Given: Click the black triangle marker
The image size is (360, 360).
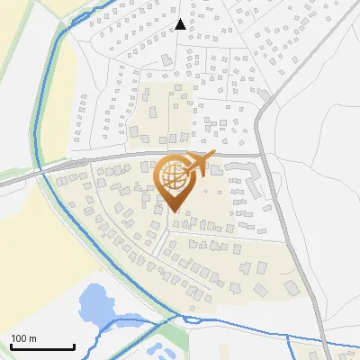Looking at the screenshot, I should [x=181, y=24].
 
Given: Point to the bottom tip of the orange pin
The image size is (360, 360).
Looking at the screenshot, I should [x=174, y=212].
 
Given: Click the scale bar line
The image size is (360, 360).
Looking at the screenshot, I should [x=42, y=347].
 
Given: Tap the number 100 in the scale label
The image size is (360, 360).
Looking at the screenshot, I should [x=20, y=338].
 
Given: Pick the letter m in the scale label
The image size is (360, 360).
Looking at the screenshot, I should [x=32, y=338].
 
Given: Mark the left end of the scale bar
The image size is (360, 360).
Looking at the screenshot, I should [x=11, y=347].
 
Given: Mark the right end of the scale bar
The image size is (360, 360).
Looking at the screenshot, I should [x=74, y=347].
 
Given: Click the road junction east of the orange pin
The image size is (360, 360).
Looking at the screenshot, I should [x=262, y=155].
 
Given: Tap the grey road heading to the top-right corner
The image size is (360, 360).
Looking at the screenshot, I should [x=315, y=54].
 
